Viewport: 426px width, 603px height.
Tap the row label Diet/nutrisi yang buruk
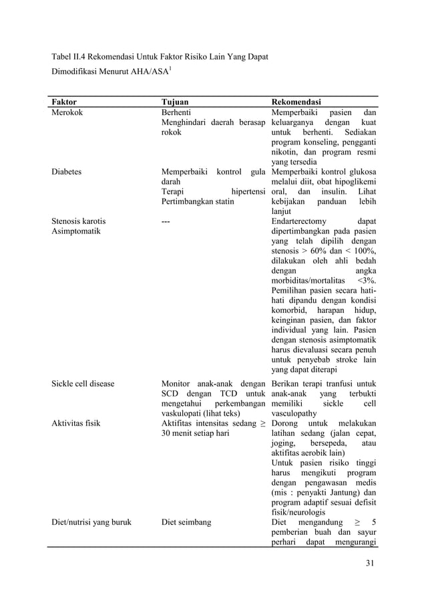pyautogui.click(x=91, y=522)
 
